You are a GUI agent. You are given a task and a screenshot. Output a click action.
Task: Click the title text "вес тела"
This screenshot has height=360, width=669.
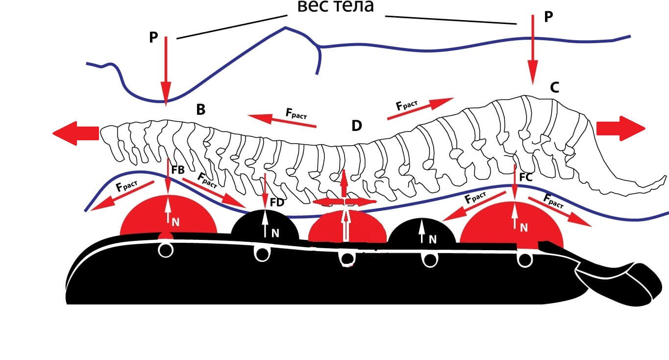(336, 7)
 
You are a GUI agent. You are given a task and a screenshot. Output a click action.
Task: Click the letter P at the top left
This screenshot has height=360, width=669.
(153, 38)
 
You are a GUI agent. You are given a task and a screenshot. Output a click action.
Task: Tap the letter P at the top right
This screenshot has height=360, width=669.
(548, 17)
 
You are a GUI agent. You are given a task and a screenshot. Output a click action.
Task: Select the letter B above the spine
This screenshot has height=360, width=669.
(200, 110)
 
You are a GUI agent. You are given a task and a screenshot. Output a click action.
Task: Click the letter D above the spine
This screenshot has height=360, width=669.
(356, 126)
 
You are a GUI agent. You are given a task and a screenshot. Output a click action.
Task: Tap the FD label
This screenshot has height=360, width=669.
(277, 202)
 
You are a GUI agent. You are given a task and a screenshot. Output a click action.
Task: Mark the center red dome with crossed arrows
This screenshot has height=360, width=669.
(347, 227)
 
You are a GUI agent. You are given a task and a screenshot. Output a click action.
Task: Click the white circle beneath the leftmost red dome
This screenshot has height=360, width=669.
(166, 251)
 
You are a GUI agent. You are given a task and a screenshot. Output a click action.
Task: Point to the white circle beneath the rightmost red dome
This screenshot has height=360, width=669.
(525, 260)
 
